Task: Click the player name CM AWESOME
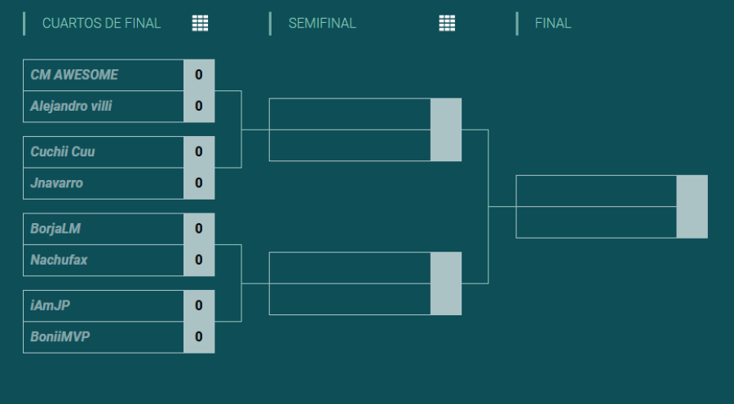[x=74, y=75]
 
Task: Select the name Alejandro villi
[x=71, y=106]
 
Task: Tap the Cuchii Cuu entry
[x=63, y=151]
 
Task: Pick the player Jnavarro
[x=56, y=182]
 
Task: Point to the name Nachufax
[x=59, y=260]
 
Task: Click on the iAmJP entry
[x=50, y=305]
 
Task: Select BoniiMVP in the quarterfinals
[x=60, y=336]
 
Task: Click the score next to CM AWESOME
[x=199, y=75]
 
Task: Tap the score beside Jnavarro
[x=199, y=182]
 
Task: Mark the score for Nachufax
[x=199, y=260]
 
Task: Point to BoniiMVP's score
[x=199, y=336]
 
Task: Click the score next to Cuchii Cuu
[x=199, y=151]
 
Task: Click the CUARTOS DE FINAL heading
[x=102, y=24]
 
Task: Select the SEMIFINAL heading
[x=322, y=24]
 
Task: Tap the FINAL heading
[x=553, y=24]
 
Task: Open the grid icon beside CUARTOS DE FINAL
[x=200, y=23]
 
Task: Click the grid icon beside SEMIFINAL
[x=447, y=23]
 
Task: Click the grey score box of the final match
[x=692, y=207]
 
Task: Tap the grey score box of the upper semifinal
[x=446, y=130]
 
